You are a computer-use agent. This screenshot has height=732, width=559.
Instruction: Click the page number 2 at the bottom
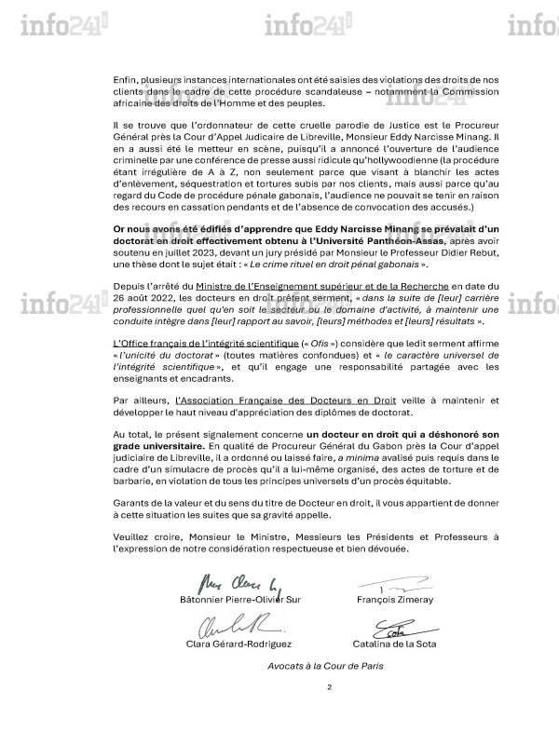tap(329, 687)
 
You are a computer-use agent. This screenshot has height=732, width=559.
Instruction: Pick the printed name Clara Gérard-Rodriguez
tap(236, 644)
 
